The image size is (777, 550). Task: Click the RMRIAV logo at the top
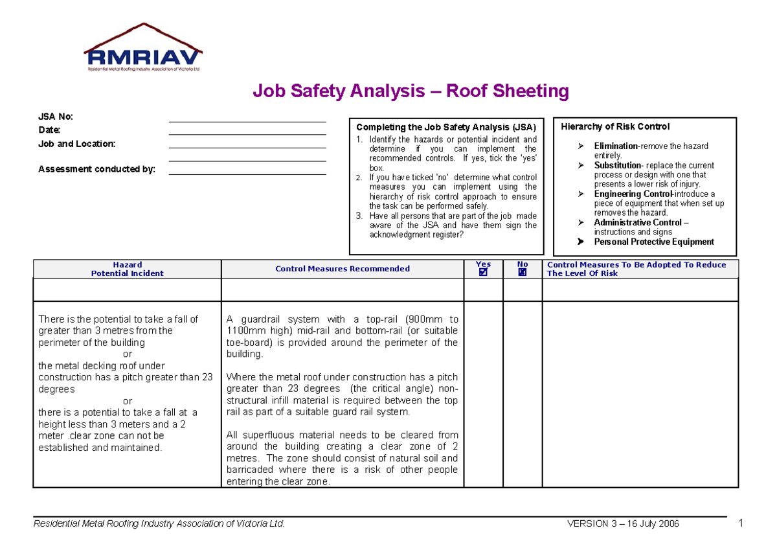click(143, 50)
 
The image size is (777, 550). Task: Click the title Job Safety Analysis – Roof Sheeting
click(411, 91)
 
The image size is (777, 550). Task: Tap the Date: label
click(49, 130)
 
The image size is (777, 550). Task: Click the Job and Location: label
click(77, 144)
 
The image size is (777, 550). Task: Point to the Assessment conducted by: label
click(97, 170)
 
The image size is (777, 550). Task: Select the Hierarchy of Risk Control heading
click(615, 127)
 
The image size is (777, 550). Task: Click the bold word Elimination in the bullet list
click(616, 146)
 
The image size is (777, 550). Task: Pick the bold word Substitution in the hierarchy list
click(618, 165)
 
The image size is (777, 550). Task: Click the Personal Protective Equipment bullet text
click(654, 242)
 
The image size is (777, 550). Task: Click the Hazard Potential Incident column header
click(127, 269)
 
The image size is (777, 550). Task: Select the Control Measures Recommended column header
click(342, 269)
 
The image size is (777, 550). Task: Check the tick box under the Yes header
click(483, 273)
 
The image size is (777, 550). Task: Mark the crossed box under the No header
click(523, 273)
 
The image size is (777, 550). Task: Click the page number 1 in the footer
click(739, 523)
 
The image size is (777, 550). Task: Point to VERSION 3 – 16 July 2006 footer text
click(622, 524)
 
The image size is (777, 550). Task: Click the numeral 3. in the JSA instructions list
click(360, 216)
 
